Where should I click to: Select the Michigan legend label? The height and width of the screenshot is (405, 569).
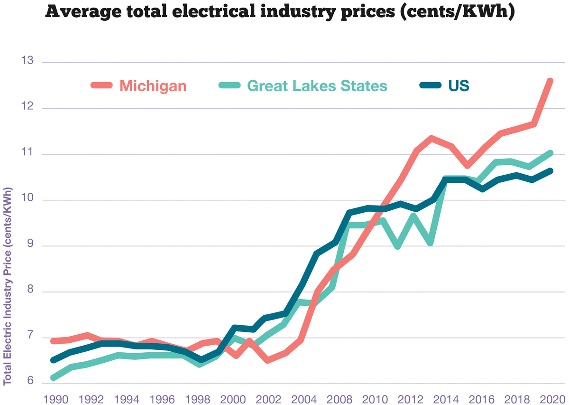pyautogui.click(x=153, y=86)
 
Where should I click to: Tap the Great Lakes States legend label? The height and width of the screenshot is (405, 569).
pyautogui.click(x=317, y=86)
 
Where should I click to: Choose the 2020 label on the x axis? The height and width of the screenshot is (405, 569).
pyautogui.click(x=551, y=397)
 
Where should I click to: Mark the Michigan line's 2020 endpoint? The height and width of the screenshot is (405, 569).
pyautogui.click(x=550, y=81)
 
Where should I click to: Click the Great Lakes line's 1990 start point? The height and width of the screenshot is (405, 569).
pyautogui.click(x=53, y=378)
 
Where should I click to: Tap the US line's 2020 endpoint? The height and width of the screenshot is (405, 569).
pyautogui.click(x=550, y=171)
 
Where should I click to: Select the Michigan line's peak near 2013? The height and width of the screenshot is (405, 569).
pyautogui.click(x=431, y=138)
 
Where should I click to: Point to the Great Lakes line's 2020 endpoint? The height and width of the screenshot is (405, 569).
pyautogui.click(x=550, y=153)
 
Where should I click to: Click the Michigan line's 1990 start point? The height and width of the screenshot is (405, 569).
pyautogui.click(x=53, y=341)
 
